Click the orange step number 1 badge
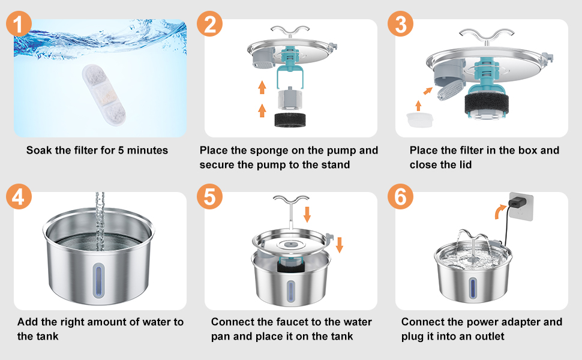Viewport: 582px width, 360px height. click(x=18, y=24)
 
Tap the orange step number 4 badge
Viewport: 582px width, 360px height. click(x=19, y=196)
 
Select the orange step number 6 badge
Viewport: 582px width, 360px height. click(x=400, y=196)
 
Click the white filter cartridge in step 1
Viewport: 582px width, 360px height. click(x=104, y=95)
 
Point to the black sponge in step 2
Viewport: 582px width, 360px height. click(x=290, y=120)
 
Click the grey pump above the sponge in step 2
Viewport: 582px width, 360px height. click(x=290, y=99)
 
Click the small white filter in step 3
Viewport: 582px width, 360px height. click(x=420, y=119)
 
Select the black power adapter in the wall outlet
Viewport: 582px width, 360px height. click(x=515, y=203)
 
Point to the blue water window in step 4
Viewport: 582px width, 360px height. click(x=98, y=281)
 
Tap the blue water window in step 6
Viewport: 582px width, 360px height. click(x=473, y=288)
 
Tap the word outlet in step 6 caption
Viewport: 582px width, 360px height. click(x=490, y=336)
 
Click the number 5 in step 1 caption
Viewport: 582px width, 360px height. click(x=121, y=151)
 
